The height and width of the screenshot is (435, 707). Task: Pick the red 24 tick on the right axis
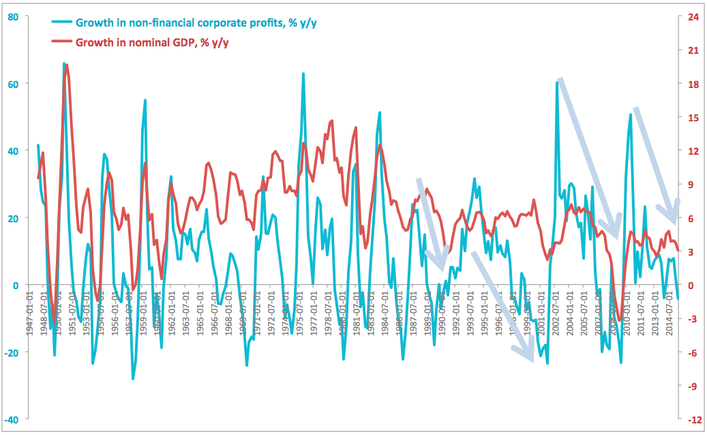(693, 17)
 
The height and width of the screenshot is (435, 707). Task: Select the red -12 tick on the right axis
(693, 419)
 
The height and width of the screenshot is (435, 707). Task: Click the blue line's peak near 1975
(303, 74)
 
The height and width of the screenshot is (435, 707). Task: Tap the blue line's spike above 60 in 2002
(557, 83)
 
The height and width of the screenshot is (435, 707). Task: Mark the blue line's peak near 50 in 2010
(631, 115)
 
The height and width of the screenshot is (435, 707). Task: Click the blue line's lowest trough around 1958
(133, 378)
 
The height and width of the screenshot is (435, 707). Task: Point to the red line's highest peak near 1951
(66, 65)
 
